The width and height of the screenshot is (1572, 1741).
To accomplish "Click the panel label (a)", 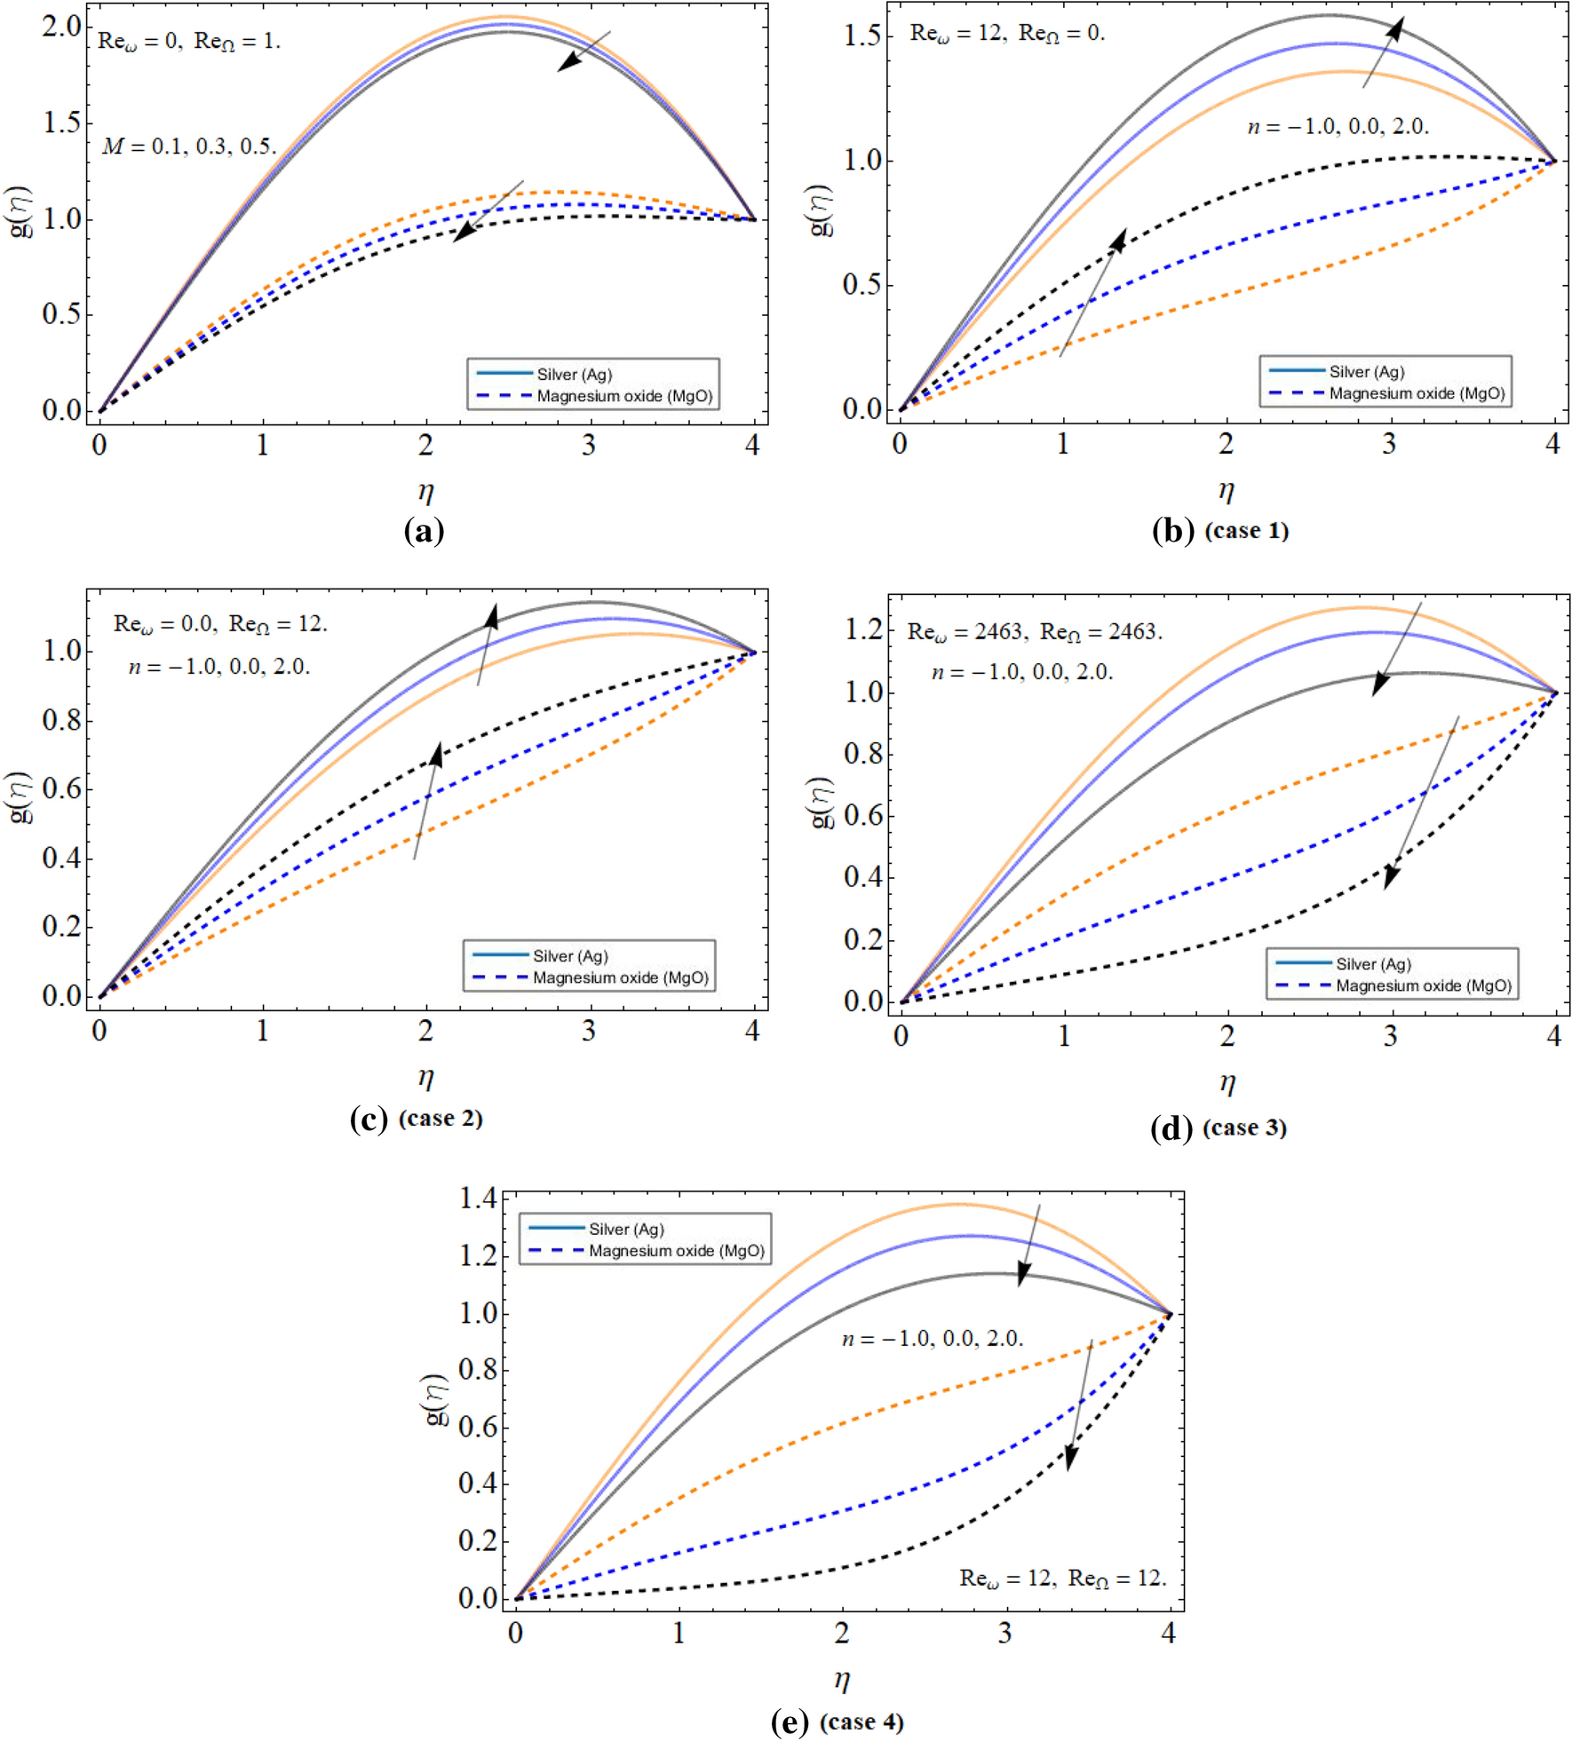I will click(424, 531).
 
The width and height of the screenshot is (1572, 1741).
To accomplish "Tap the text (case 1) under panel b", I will click(1246, 531).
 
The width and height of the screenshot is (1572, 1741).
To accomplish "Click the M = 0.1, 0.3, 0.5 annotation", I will click(189, 146).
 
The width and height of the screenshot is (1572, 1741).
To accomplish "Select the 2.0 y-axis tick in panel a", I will click(61, 27).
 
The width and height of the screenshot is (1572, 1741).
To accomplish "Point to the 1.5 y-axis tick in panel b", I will click(861, 36).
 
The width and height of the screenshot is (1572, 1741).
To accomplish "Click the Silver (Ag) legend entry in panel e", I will click(626, 1229).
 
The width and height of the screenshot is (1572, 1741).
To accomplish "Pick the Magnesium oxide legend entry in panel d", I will click(1423, 985).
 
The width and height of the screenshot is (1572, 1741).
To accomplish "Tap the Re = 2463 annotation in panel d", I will click(1035, 632).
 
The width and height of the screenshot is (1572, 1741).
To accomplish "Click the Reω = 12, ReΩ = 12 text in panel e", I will click(1062, 1578).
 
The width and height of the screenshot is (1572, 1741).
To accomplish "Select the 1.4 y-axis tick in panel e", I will click(478, 1199).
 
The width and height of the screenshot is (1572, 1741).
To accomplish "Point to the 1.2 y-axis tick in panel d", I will click(863, 629).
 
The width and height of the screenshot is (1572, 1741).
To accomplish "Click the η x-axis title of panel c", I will click(426, 1078).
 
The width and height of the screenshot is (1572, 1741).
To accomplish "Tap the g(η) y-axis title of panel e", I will click(436, 1399).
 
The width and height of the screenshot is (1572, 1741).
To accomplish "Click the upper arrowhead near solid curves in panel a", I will click(568, 62).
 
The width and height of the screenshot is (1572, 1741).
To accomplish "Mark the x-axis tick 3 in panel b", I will click(1389, 443).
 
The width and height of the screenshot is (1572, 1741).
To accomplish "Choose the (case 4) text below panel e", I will click(861, 1722).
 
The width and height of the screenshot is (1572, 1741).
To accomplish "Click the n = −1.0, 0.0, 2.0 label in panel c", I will click(219, 666).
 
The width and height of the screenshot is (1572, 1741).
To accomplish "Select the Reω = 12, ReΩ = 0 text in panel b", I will click(1007, 33).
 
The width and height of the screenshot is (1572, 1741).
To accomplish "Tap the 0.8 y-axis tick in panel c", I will click(61, 720).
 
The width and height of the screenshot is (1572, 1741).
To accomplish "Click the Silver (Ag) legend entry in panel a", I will click(574, 374).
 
